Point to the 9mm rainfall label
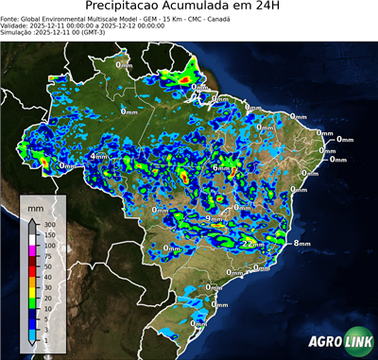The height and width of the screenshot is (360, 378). (215, 219)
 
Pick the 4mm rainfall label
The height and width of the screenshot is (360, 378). (98, 156)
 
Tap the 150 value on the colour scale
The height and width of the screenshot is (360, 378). (46, 232)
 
